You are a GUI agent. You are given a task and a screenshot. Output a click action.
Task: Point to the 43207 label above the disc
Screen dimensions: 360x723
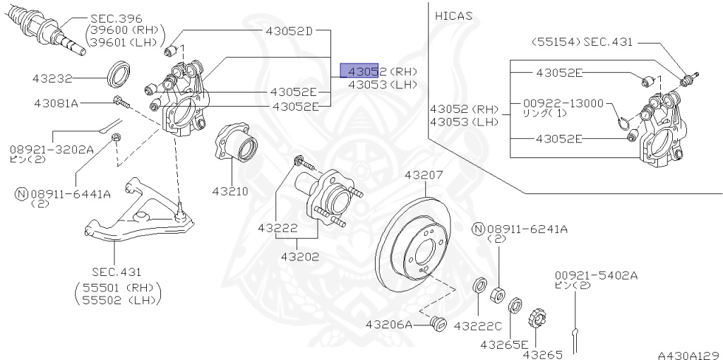coord(424,174)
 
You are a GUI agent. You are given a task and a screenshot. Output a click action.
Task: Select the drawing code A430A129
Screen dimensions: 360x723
coord(688,354)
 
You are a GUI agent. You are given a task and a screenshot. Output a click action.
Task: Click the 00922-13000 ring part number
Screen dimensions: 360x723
coord(563,103)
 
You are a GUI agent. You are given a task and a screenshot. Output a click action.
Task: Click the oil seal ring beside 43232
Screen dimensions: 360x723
coord(119,73)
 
